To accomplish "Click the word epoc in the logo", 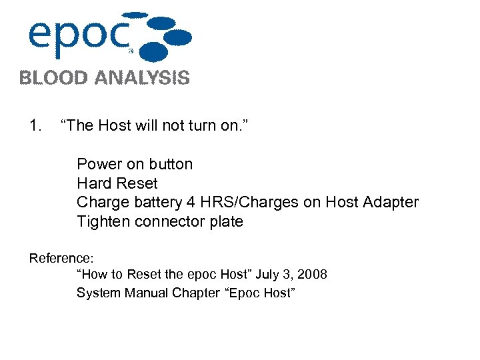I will click(77, 37).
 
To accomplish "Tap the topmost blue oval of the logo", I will click(136, 14).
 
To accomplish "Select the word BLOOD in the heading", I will click(53, 78).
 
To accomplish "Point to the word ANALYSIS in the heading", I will click(142, 78).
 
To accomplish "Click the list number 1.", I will click(35, 125).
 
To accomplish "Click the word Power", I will click(99, 164).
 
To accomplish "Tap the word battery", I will click(153, 202).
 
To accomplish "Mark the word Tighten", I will click(103, 221).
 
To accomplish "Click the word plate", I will click(228, 221).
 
